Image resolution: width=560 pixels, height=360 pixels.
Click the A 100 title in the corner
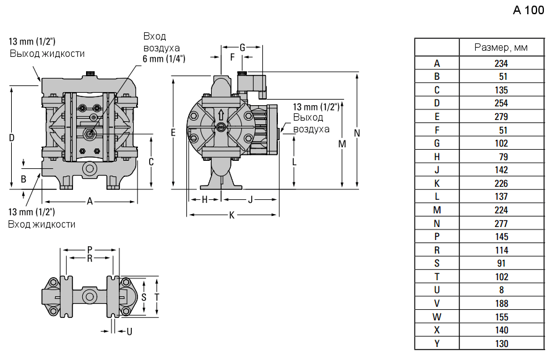528,11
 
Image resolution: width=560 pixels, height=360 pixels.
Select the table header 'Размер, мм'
501,47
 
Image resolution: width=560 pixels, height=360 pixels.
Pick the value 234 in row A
501,63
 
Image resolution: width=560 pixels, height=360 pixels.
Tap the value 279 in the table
501,116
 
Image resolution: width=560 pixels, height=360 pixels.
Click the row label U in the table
437,289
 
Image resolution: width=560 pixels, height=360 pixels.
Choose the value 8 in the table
501,289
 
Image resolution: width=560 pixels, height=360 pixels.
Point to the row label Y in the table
437,343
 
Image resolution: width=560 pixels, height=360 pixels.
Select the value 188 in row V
501,303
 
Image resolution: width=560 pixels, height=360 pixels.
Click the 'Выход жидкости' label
47,53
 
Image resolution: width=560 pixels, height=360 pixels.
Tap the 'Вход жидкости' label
41,224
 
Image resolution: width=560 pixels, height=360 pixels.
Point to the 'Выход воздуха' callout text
311,123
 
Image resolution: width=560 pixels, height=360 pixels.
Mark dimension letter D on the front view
11,138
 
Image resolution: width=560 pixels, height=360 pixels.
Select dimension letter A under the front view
89,201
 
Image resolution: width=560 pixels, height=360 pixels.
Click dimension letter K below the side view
231,215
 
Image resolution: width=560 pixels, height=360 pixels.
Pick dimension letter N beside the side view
357,133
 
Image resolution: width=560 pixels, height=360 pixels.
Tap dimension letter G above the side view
243,47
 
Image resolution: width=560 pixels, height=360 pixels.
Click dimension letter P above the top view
89,249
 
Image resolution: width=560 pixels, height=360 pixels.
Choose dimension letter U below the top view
129,332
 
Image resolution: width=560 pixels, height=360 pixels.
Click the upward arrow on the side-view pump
222,115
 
